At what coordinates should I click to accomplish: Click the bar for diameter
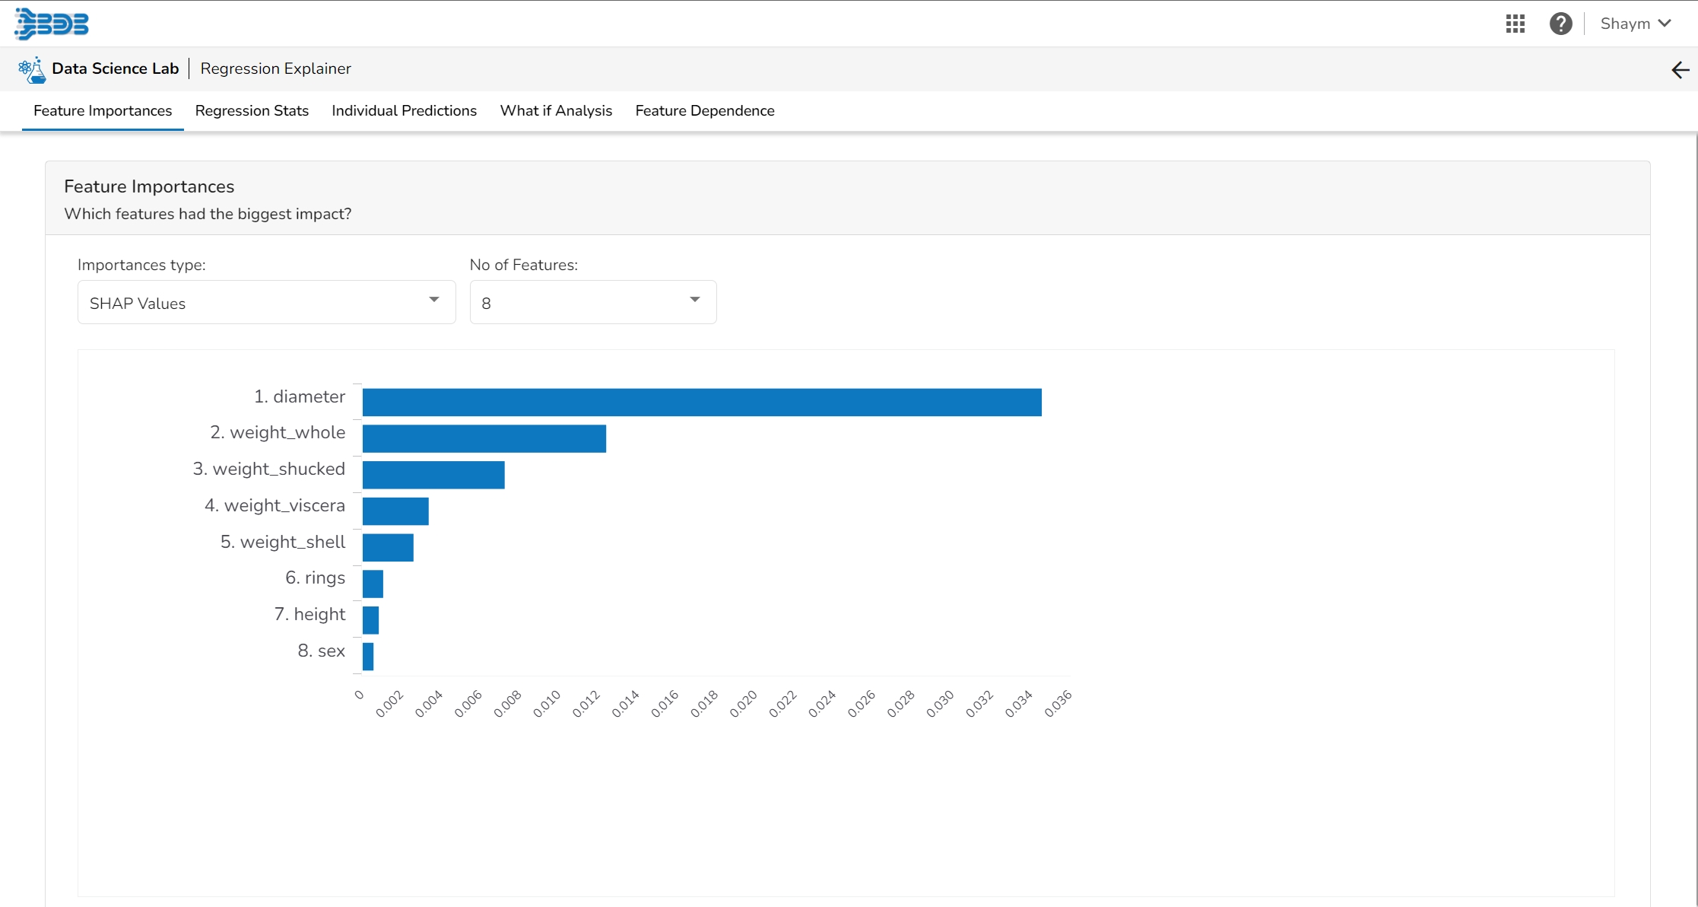pyautogui.click(x=701, y=403)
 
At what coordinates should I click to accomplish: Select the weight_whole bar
pyautogui.click(x=484, y=439)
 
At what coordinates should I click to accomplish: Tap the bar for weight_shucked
pyautogui.click(x=433, y=475)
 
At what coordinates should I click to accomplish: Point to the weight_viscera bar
pyautogui.click(x=395, y=511)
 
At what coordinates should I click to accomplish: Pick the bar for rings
pyautogui.click(x=373, y=584)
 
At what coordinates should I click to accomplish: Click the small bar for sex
pyautogui.click(x=368, y=657)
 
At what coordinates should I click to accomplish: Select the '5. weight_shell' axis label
pyautogui.click(x=283, y=542)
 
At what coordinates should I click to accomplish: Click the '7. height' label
pyautogui.click(x=309, y=614)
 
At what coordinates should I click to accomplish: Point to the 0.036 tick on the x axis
pyautogui.click(x=1058, y=704)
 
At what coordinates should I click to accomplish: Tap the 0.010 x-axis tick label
pyautogui.click(x=547, y=704)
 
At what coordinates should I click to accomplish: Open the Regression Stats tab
pyautogui.click(x=252, y=111)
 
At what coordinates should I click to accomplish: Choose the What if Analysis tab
pyautogui.click(x=556, y=111)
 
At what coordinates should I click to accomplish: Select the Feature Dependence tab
pyautogui.click(x=705, y=111)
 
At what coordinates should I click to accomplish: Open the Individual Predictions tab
pyautogui.click(x=404, y=111)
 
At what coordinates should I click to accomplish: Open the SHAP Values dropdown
pyautogui.click(x=266, y=303)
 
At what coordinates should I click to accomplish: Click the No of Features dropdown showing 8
pyautogui.click(x=592, y=303)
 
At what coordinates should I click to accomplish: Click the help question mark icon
pyautogui.click(x=1560, y=24)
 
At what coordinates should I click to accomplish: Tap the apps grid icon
pyautogui.click(x=1515, y=24)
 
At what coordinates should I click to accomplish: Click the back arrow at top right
pyautogui.click(x=1680, y=70)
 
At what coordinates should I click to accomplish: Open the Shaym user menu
pyautogui.click(x=1636, y=24)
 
